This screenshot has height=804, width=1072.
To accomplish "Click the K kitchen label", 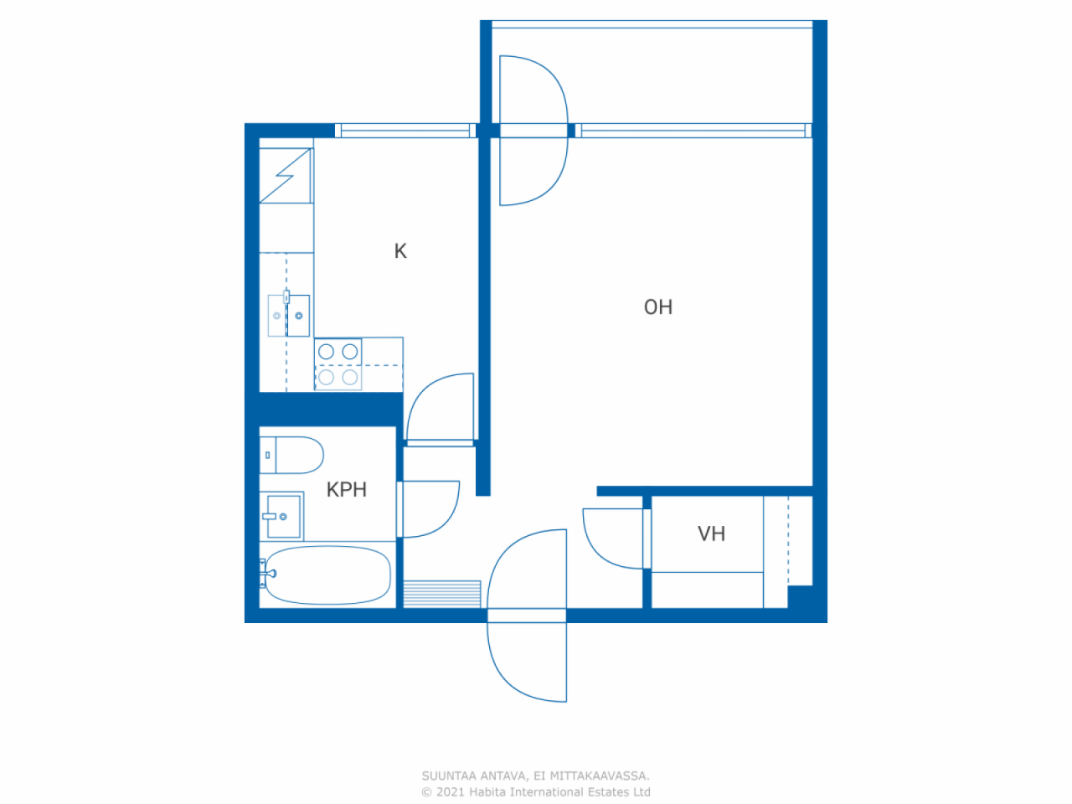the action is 400,251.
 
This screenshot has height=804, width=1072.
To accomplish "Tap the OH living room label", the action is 657,307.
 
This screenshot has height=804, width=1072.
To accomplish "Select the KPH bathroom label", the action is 346,490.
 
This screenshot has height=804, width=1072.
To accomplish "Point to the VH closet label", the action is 711,533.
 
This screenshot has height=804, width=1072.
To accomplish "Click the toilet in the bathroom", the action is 291,455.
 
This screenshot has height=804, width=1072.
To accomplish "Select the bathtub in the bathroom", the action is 327,575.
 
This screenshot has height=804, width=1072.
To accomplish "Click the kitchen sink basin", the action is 289,316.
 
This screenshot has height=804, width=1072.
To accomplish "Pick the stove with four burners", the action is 338,364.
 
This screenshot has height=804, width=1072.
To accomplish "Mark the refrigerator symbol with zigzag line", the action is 286,175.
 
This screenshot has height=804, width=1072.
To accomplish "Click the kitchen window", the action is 405,131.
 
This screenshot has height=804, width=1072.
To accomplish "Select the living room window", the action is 693,131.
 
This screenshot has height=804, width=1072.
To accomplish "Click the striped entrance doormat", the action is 442,594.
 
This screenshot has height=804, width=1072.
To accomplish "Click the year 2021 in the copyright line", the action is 450,791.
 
